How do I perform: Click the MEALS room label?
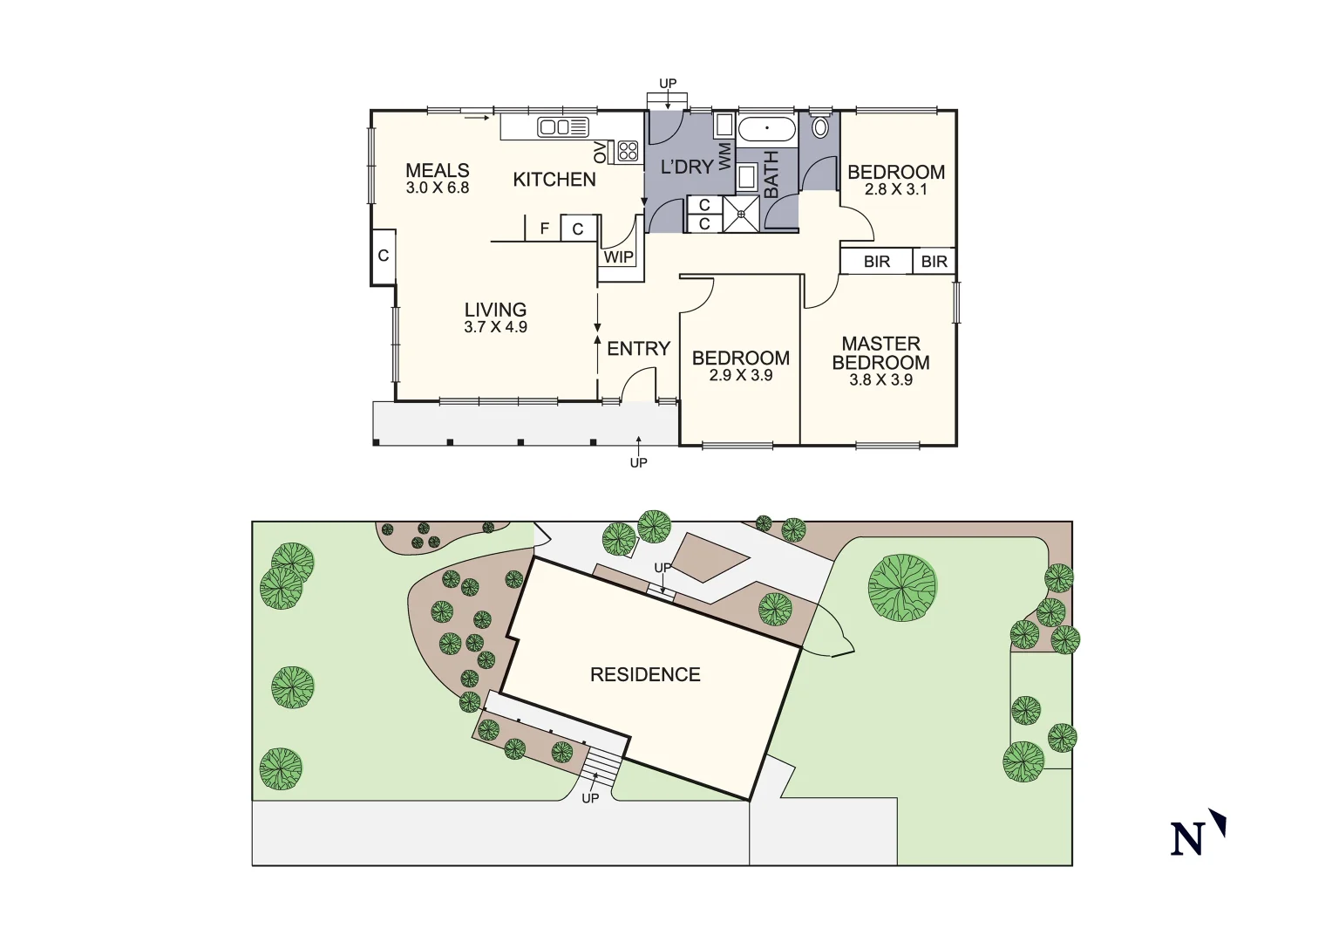tap(438, 171)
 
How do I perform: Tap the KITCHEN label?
tap(554, 180)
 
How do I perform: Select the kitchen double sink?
tap(563, 127)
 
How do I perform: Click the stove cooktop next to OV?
tap(628, 151)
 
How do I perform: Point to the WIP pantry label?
tap(619, 257)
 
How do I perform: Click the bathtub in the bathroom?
tap(767, 129)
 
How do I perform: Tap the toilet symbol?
tap(820, 126)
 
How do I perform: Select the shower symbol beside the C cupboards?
tap(741, 214)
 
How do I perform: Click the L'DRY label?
tap(687, 167)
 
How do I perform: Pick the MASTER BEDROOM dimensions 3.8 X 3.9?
tap(880, 380)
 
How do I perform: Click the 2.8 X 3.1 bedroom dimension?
tap(896, 189)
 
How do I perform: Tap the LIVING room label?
tap(495, 310)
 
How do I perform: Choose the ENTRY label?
tap(638, 349)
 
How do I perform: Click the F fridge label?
tap(544, 229)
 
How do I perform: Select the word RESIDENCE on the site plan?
tap(645, 675)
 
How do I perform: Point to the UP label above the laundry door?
tap(668, 84)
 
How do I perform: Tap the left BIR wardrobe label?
tap(877, 262)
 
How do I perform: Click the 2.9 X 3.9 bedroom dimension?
tap(741, 376)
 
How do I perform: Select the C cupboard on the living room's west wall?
tap(384, 256)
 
